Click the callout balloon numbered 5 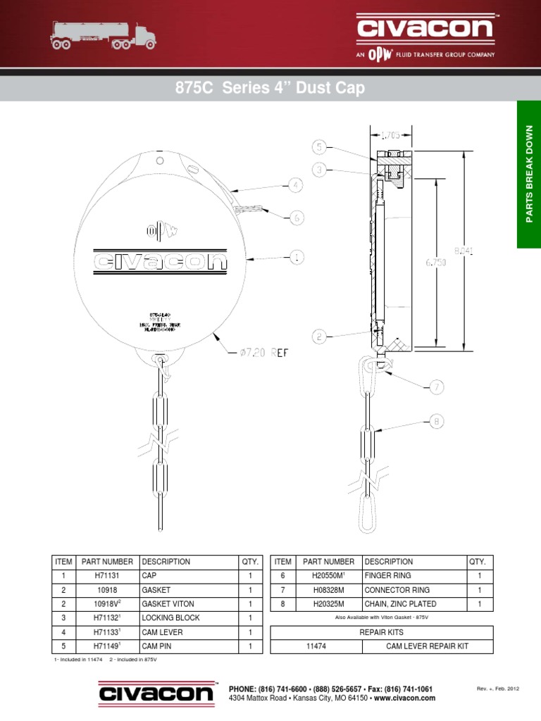(x=319, y=147)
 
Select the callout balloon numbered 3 (x=319, y=170)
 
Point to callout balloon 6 (x=297, y=218)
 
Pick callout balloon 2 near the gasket (x=320, y=337)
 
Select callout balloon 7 (x=437, y=387)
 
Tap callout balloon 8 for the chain (x=437, y=422)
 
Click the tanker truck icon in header (x=98, y=33)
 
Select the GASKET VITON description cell (x=168, y=603)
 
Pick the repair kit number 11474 (x=316, y=646)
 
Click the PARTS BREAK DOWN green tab (x=529, y=174)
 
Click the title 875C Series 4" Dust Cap (x=270, y=89)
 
